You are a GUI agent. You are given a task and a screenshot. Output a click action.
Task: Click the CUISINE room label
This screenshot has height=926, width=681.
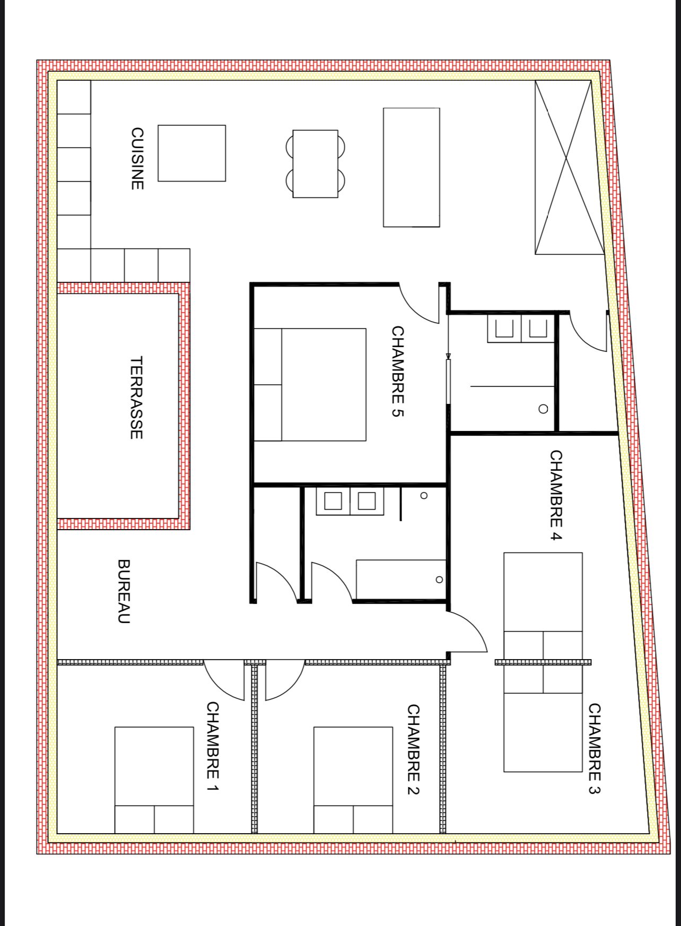(x=137, y=159)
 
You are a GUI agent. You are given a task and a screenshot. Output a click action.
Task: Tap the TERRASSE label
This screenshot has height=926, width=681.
(x=136, y=397)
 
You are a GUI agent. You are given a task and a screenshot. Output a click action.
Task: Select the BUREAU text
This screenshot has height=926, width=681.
(x=123, y=591)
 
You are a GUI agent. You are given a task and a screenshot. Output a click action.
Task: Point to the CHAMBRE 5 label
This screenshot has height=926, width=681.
(x=397, y=371)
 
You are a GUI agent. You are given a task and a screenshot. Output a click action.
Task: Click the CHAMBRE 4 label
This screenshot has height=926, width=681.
(x=556, y=495)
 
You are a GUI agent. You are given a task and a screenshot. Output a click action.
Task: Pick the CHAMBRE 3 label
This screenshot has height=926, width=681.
(x=595, y=749)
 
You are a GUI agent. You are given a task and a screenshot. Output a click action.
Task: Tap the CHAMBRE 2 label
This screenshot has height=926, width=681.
(x=413, y=750)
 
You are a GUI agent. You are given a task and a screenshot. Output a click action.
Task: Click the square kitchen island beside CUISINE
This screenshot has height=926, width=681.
(x=192, y=153)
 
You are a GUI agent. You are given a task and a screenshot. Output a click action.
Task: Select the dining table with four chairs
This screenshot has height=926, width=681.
(x=316, y=164)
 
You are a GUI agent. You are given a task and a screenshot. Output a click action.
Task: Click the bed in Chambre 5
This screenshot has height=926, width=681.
(x=310, y=385)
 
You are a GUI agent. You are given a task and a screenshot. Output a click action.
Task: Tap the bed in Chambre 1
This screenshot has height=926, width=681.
(x=154, y=780)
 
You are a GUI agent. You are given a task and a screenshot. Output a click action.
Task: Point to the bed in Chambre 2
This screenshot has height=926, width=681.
(x=353, y=780)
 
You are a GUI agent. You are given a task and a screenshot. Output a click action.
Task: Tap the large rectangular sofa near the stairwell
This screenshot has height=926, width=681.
(x=412, y=168)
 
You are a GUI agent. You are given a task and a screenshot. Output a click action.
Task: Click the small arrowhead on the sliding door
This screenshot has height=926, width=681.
(x=448, y=356)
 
